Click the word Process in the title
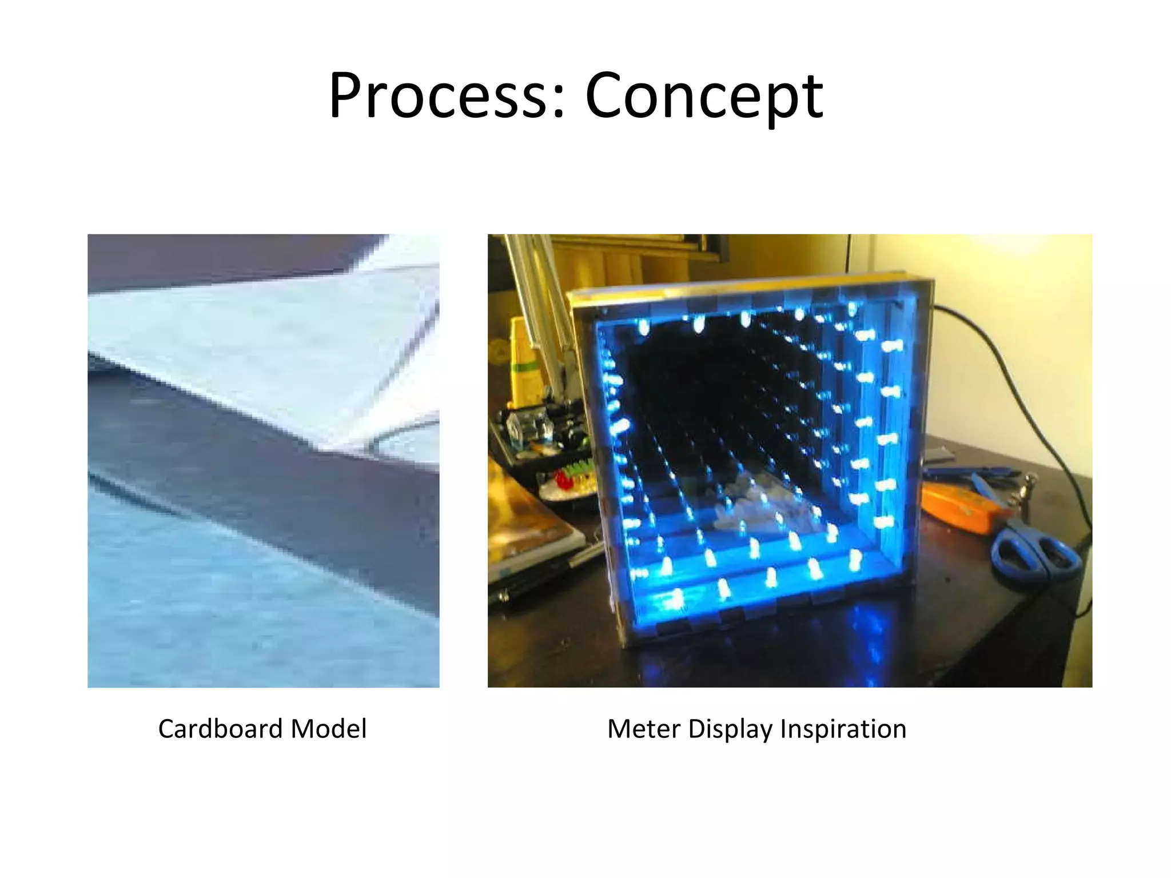point(437,96)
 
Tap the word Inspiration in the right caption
point(843,729)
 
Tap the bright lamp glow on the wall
point(1029,252)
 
